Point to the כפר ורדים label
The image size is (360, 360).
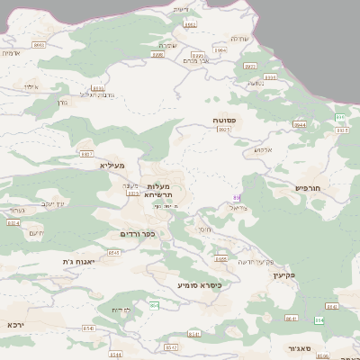coord(138,234)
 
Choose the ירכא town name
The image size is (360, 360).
coord(16,323)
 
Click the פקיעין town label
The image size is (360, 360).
coord(283,275)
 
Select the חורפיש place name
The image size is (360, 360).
coord(308,188)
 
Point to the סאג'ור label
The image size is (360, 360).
coord(301,346)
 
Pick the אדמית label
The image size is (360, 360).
coord(11,53)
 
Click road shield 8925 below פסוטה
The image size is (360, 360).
coord(224,130)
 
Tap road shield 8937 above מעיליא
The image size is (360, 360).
coord(88,153)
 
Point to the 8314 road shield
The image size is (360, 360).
coord(13,223)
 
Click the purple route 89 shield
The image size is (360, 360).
coord(238,196)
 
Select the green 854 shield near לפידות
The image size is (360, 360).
coord(154,306)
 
